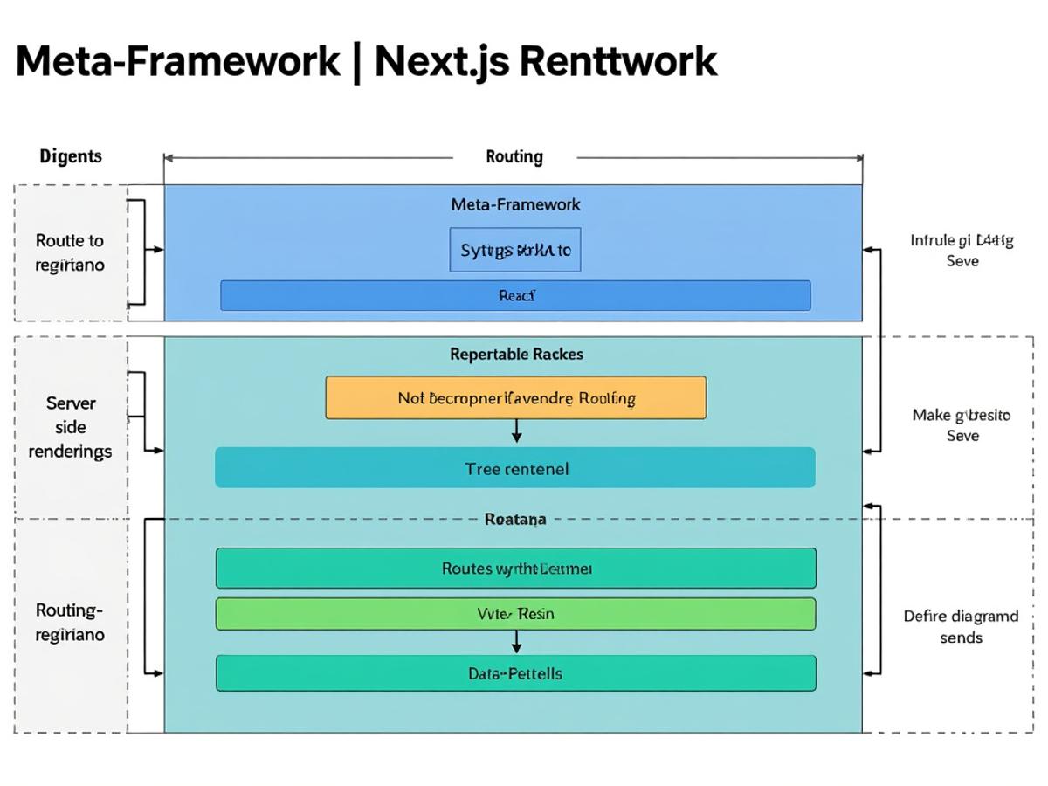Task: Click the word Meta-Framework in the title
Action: (x=178, y=61)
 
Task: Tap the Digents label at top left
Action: (x=71, y=156)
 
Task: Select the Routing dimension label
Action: (x=514, y=156)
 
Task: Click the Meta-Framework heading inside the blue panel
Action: (x=515, y=204)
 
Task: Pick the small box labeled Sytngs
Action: (x=515, y=250)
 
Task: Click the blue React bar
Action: (x=515, y=295)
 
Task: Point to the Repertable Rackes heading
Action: (x=516, y=354)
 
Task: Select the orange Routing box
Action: (x=515, y=398)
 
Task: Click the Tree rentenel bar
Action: (x=515, y=468)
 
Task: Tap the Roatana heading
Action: (x=515, y=519)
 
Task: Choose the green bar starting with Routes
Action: (x=515, y=569)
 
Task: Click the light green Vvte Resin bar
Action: (x=515, y=614)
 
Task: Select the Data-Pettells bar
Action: (x=515, y=673)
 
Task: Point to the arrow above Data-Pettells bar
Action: (x=516, y=643)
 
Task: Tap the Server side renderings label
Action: (x=71, y=427)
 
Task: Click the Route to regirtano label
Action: (x=70, y=252)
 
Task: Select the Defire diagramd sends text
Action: (x=961, y=626)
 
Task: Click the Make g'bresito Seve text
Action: (x=962, y=425)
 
